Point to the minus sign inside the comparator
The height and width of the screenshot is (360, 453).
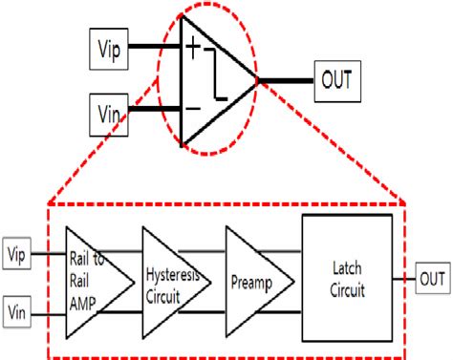click(x=193, y=107)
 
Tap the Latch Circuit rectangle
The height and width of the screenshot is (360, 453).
click(x=347, y=278)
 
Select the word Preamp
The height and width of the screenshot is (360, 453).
click(x=251, y=282)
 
